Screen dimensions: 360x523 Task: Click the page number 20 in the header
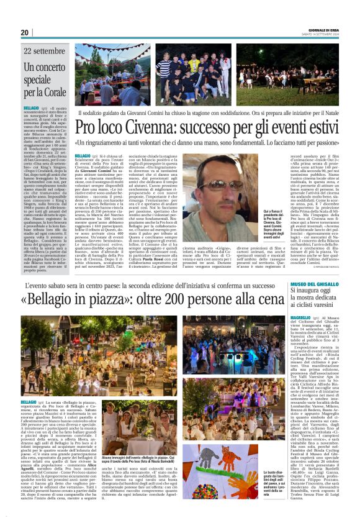tap(25, 32)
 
